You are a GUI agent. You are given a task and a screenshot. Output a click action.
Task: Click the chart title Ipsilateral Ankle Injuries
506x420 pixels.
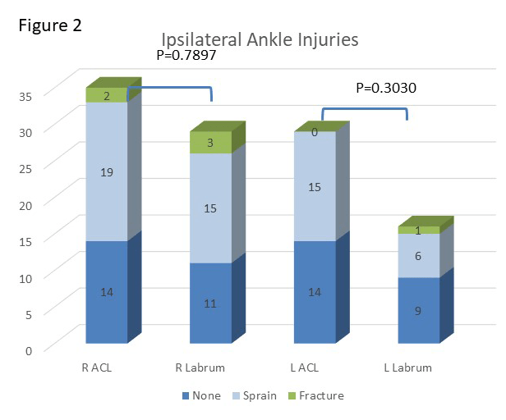(260, 40)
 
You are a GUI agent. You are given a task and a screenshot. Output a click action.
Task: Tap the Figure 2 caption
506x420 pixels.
(50, 25)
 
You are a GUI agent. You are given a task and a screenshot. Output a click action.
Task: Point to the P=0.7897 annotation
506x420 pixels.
(186, 55)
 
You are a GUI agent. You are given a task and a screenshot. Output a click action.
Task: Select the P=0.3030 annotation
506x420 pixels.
(386, 88)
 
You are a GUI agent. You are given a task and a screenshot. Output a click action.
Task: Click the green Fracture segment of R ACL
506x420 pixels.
(107, 95)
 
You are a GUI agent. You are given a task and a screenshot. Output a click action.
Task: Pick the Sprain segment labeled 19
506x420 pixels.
(107, 171)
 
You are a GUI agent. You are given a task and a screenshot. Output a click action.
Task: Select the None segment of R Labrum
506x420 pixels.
(211, 303)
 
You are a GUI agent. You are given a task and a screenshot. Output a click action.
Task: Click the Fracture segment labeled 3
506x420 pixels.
(211, 143)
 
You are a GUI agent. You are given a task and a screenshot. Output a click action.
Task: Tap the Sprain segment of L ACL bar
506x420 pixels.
(315, 186)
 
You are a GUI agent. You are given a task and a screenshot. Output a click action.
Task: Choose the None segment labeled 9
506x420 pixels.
(419, 310)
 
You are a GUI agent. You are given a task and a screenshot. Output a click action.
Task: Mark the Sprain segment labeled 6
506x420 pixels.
(419, 256)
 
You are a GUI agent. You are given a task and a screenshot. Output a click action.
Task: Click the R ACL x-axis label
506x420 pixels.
(97, 367)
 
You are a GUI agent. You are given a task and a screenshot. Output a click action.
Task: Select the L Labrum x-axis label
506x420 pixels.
(408, 367)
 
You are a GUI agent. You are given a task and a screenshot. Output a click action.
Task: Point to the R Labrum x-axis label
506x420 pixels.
(200, 367)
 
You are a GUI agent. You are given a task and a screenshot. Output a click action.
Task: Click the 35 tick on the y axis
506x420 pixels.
(25, 96)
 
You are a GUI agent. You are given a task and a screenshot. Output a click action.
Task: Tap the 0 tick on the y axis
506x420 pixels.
(29, 351)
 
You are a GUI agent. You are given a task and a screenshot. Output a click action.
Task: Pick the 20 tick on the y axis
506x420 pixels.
(25, 205)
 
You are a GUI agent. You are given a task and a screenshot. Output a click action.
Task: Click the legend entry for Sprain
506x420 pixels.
(255, 395)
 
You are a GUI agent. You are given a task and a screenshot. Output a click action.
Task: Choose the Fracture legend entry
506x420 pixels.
(316, 395)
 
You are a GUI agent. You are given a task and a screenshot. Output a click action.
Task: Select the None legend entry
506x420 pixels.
(202, 395)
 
